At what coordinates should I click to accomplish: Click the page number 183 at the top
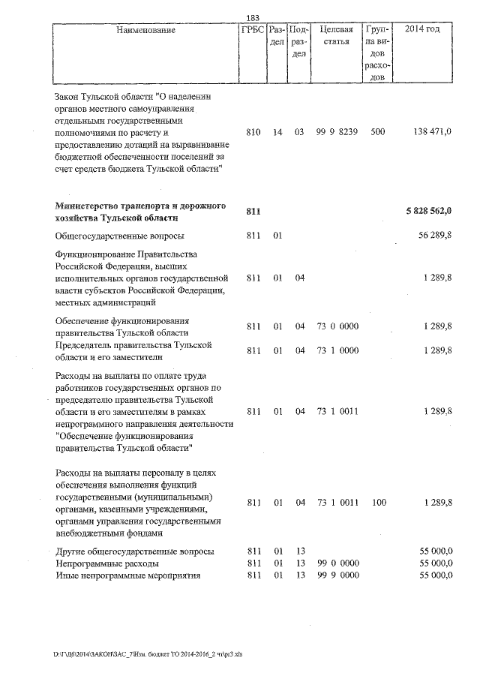pos(253,18)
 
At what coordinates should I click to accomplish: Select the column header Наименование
pos(146,30)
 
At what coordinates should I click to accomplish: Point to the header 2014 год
pos(422,30)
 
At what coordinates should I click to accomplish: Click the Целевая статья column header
pos(336,35)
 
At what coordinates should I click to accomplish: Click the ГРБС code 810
pos(253,132)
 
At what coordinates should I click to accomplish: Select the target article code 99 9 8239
pos(336,132)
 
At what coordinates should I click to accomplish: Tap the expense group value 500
pos(378,132)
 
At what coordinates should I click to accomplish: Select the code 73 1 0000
pos(336,350)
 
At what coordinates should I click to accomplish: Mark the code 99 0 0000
pos(336,563)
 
